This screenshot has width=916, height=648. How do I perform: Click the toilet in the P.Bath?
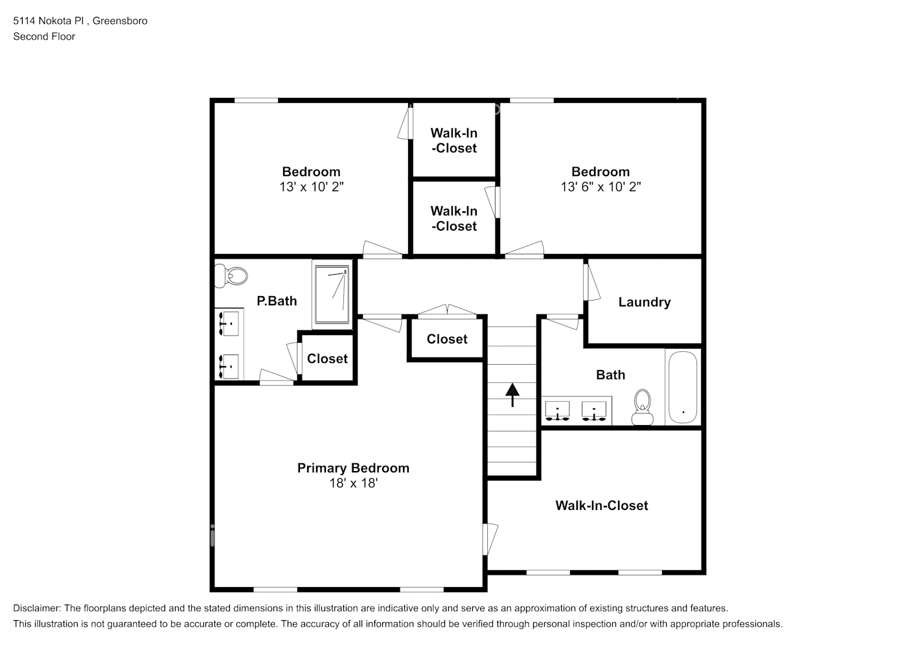click(231, 275)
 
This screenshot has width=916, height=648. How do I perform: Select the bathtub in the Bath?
click(681, 387)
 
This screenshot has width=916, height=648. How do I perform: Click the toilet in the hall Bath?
click(642, 406)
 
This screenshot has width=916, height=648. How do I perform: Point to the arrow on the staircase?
click(512, 394)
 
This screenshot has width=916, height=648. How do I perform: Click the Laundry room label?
click(644, 302)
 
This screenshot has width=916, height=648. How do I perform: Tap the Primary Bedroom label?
click(353, 468)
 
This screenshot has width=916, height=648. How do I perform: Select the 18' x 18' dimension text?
click(353, 483)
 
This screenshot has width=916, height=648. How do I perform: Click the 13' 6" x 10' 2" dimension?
click(601, 187)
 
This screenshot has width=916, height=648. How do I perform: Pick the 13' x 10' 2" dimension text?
click(311, 187)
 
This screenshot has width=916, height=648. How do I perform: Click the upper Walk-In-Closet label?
click(453, 141)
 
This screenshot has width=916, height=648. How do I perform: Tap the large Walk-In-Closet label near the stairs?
click(601, 505)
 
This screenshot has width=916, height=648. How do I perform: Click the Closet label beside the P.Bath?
click(327, 358)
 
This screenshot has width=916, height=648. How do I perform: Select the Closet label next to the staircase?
click(447, 339)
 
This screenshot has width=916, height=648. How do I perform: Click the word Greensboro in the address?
click(120, 21)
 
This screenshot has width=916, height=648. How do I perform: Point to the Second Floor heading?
click(44, 36)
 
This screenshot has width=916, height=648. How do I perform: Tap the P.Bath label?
click(277, 301)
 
